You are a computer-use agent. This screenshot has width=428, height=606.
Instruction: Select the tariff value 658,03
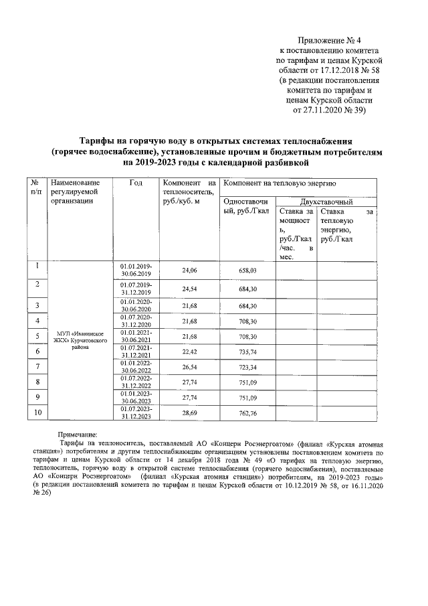click(247, 270)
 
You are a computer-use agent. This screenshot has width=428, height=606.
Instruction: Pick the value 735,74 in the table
click(247, 351)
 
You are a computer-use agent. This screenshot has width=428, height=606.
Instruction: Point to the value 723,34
click(247, 367)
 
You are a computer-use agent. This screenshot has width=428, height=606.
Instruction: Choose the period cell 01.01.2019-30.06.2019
click(136, 270)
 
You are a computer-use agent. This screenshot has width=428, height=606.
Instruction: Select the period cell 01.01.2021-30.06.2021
click(136, 335)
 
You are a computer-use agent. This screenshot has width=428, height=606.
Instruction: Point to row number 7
click(37, 366)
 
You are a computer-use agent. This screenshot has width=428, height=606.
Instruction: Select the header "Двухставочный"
click(326, 202)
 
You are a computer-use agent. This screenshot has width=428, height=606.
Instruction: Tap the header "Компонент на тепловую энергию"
click(280, 183)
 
